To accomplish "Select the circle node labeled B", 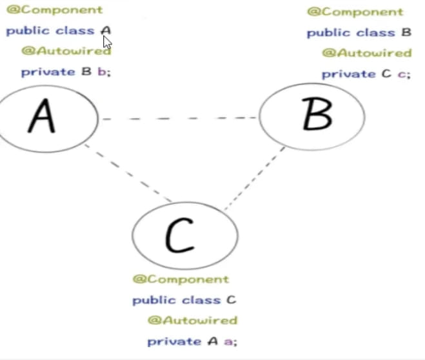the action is pyautogui.click(x=312, y=116).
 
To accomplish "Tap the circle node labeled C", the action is pyautogui.click(x=184, y=235).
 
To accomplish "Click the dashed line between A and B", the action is pyautogui.click(x=178, y=119).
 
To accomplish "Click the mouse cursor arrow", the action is pyautogui.click(x=106, y=41).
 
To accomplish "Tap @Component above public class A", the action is pyautogui.click(x=54, y=10).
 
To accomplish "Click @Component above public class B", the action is pyautogui.click(x=355, y=12).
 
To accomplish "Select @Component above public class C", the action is pyautogui.click(x=181, y=279).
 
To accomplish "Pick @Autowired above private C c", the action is pyautogui.click(x=366, y=53).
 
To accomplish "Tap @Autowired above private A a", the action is pyautogui.click(x=192, y=320).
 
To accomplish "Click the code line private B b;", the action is pyautogui.click(x=66, y=72).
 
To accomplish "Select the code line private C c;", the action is pyautogui.click(x=366, y=74).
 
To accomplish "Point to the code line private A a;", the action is pyautogui.click(x=192, y=341).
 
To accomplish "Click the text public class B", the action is pyautogui.click(x=359, y=33).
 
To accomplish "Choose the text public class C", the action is pyautogui.click(x=184, y=300).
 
